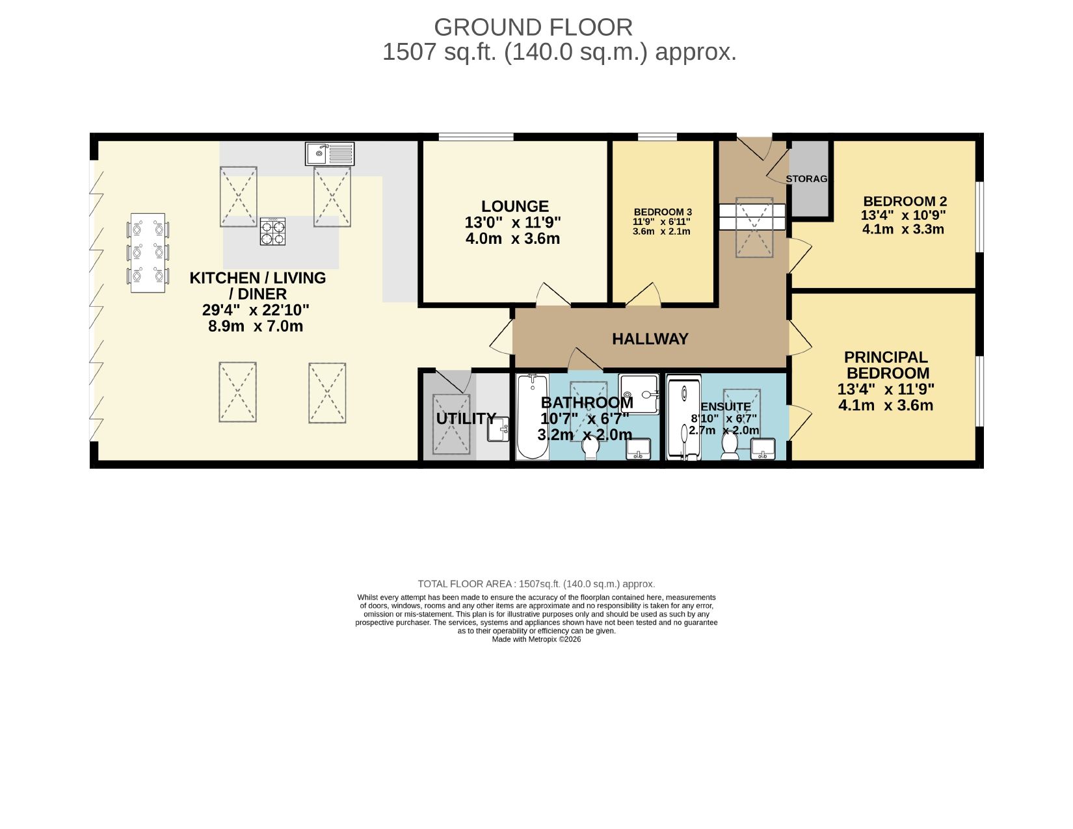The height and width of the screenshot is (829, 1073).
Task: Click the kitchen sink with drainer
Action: click(x=329, y=153)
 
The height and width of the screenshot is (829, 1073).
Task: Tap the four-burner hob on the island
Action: click(x=272, y=231)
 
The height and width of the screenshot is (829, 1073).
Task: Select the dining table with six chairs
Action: click(x=148, y=253)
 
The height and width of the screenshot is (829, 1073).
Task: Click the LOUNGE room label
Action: click(x=515, y=206)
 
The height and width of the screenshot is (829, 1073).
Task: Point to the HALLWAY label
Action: click(x=650, y=339)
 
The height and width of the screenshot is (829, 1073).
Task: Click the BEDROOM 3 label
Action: click(x=663, y=213)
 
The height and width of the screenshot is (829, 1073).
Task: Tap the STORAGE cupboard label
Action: click(x=807, y=179)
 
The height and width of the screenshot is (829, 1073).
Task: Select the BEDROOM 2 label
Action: click(x=905, y=202)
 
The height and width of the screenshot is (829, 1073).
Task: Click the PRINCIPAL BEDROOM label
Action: click(x=887, y=365)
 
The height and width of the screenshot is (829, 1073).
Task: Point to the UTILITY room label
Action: click(x=466, y=419)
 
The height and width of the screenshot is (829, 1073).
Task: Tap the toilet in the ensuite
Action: click(x=730, y=447)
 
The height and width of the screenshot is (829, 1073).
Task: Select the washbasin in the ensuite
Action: click(x=763, y=449)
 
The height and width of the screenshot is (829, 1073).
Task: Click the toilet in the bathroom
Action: click(x=590, y=447)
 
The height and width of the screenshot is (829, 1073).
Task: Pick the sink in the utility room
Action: click(x=498, y=430)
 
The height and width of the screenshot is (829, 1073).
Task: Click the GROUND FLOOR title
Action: click(x=533, y=27)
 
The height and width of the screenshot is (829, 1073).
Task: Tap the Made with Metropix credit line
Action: click(x=536, y=639)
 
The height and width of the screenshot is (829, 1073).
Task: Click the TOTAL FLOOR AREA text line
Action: click(x=536, y=584)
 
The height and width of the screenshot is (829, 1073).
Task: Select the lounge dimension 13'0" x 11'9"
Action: click(x=512, y=222)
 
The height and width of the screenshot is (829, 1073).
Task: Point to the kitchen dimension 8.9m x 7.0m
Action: click(x=256, y=326)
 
